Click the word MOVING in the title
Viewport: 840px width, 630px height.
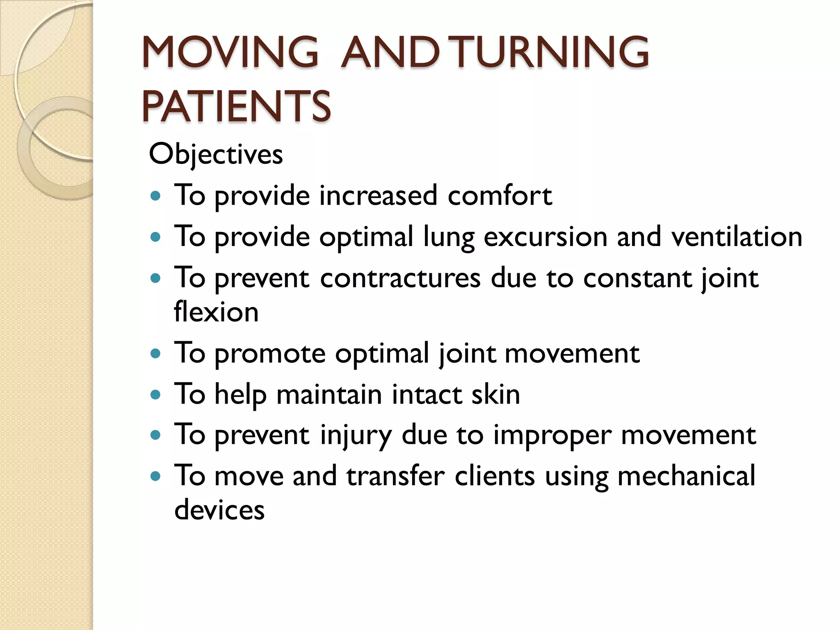[x=230, y=52]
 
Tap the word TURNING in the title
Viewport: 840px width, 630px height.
[x=552, y=52]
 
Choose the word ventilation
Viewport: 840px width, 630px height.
[x=737, y=237]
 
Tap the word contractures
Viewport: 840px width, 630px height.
[x=400, y=278]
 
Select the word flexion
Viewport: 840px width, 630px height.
[x=216, y=312]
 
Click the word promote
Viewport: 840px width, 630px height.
[x=270, y=354]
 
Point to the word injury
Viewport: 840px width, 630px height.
[x=356, y=436]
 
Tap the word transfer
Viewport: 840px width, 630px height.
[x=395, y=476]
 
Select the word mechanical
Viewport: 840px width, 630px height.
[x=686, y=476]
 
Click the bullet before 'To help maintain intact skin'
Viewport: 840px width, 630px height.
[x=155, y=395]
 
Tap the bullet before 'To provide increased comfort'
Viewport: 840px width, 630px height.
[x=155, y=196]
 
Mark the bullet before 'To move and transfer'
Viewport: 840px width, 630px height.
[x=155, y=477]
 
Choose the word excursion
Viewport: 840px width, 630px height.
[x=546, y=237]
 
